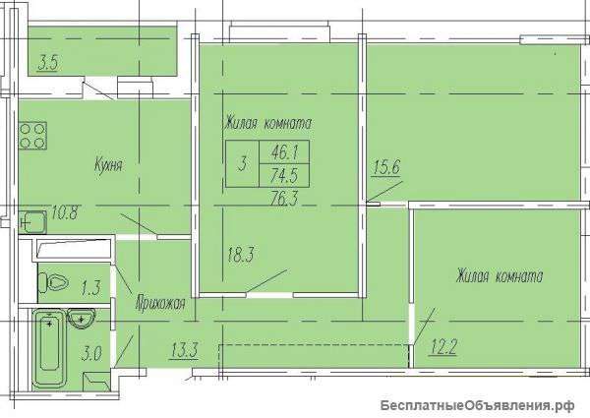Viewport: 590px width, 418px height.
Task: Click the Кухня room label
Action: [x=108, y=165]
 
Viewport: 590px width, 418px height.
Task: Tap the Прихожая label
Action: [x=160, y=303]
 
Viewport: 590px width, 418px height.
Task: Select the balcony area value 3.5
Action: [x=48, y=63]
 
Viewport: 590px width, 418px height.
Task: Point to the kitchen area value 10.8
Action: [x=65, y=213]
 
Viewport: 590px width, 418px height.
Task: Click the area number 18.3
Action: [x=241, y=255]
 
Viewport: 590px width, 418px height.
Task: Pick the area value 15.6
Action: [x=386, y=167]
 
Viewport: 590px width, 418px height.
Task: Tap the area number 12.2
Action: [x=443, y=347]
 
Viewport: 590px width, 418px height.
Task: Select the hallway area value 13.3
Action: [x=185, y=351]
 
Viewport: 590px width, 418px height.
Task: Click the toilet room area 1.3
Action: [x=90, y=288]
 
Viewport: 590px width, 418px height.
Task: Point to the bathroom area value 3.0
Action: [x=91, y=354]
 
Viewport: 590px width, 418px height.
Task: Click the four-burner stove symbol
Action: [x=32, y=136]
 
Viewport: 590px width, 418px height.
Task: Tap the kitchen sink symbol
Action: [x=32, y=222]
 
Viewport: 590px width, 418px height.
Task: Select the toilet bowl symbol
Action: [x=53, y=282]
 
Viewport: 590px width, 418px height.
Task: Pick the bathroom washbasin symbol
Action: [x=81, y=319]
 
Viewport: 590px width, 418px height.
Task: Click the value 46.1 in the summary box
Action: [x=284, y=152]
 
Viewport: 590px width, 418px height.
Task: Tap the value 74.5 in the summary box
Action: [x=284, y=175]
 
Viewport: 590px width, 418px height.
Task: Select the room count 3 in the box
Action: [x=243, y=164]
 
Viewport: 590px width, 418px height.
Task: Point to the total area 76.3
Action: [x=284, y=199]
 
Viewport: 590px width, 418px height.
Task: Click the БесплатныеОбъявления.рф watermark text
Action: [x=478, y=405]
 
